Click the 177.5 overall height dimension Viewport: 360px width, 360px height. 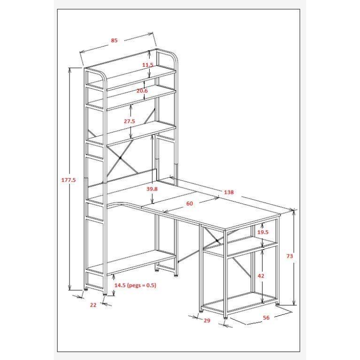(x=69, y=180)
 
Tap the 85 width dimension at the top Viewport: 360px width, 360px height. (x=114, y=40)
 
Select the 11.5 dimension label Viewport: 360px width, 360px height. (x=148, y=65)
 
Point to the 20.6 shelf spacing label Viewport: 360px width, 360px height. (x=142, y=91)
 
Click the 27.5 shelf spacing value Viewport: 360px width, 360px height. (x=130, y=121)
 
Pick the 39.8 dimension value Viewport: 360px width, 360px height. (x=152, y=189)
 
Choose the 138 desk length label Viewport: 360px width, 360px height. (x=228, y=192)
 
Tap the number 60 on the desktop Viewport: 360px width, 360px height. (x=190, y=204)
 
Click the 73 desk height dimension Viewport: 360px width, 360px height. (x=290, y=256)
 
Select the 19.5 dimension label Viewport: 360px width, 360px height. (x=263, y=232)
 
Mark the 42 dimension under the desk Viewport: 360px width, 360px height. (x=261, y=276)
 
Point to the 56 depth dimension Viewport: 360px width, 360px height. (x=266, y=318)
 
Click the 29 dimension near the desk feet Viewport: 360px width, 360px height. (x=207, y=321)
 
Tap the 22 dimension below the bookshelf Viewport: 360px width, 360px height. (x=93, y=305)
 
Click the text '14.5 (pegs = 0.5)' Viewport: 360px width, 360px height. (x=135, y=286)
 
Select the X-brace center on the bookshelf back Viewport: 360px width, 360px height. (x=120, y=158)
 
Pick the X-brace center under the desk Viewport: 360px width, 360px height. (x=217, y=240)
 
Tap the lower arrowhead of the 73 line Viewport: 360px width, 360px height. (x=294, y=303)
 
